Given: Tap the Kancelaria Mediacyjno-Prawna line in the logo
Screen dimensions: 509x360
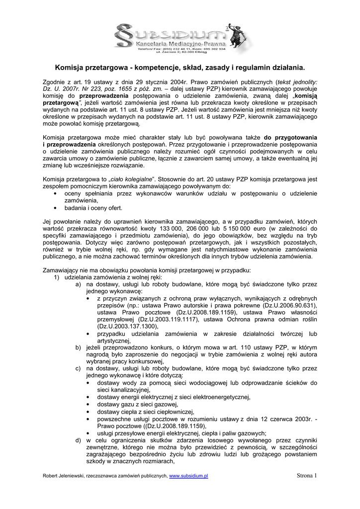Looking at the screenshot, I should click(180, 45).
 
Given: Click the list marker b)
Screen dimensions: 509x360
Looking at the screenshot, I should click(79, 347).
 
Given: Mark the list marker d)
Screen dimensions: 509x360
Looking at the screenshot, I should click(79, 440).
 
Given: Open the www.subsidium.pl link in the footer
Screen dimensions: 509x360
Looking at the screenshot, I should click(188, 476).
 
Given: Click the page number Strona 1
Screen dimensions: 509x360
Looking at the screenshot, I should click(306, 476).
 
